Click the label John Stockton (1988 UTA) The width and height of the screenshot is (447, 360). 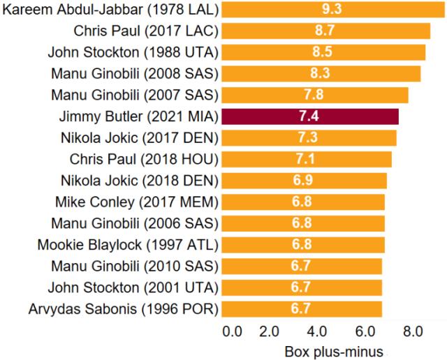(133, 52)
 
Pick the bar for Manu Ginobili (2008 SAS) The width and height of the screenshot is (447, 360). (321, 74)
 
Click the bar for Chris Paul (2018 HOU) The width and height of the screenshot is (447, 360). (307, 159)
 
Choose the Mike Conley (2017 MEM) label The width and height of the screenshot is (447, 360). (136, 202)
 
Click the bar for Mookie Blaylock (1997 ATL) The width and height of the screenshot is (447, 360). (303, 245)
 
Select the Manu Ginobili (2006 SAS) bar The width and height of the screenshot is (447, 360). (303, 223)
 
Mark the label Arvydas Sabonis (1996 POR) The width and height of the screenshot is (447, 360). (124, 308)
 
